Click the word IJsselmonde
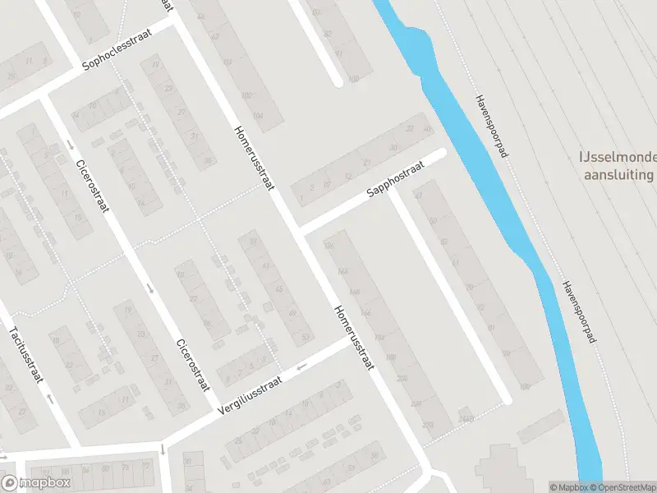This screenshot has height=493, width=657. pyautogui.click(x=617, y=157)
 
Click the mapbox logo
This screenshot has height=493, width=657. pyautogui.click(x=36, y=483)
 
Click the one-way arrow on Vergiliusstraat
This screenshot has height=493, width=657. pyautogui.click(x=301, y=366)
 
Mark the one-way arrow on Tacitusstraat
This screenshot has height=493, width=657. pyautogui.click(x=51, y=399)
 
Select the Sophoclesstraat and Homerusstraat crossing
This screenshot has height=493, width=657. pyautogui.click(x=175, y=22)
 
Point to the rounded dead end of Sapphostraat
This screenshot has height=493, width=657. pyautogui.click(x=441, y=153)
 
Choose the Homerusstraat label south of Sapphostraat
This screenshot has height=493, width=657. pyautogui.click(x=354, y=337)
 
